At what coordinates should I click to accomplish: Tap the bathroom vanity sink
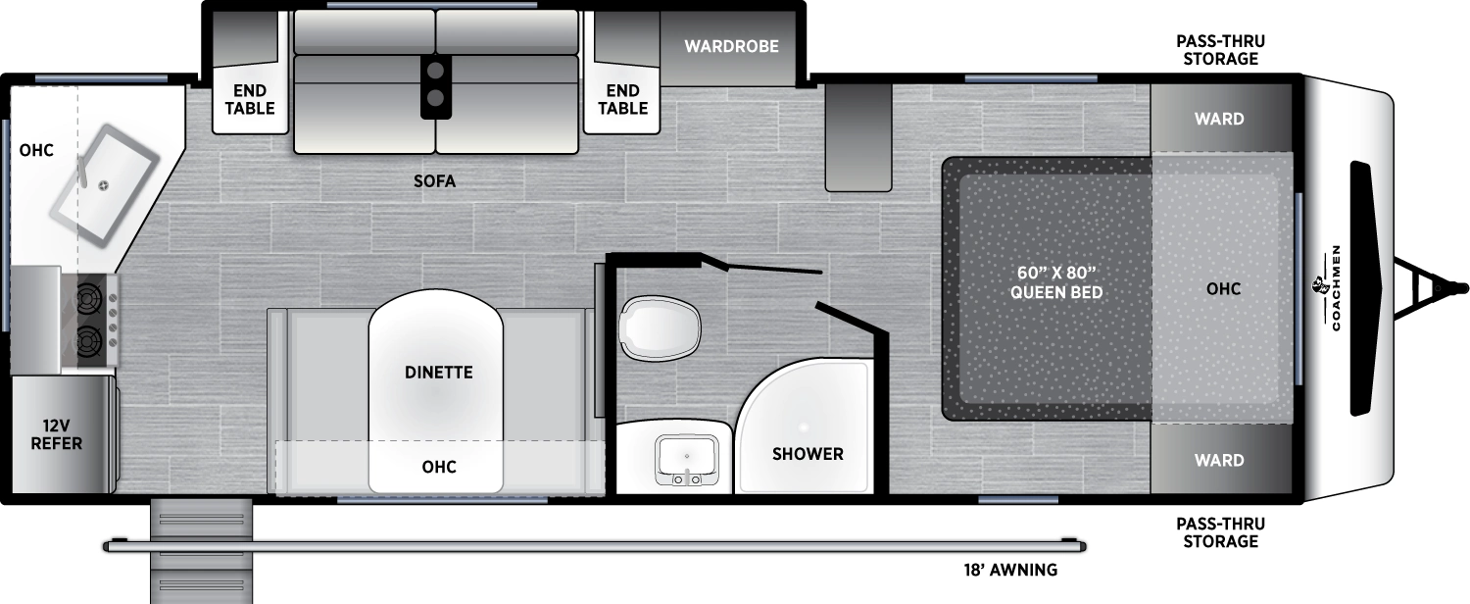pos(686,460)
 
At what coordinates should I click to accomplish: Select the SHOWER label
pos(808,454)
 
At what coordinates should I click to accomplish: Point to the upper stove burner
pos(89,296)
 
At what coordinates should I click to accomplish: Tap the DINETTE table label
pos(438,373)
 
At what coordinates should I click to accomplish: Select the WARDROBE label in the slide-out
pos(731,46)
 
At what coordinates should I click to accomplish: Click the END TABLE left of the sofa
pos(250,100)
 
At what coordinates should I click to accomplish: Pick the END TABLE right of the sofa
pos(622,100)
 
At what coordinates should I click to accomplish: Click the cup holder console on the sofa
pos(436,84)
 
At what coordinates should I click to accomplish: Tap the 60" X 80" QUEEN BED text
pos(1057,281)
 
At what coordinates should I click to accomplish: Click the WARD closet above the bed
pos(1219,119)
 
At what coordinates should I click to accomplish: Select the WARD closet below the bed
pos(1219,460)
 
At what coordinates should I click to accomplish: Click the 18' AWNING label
pos(1008,570)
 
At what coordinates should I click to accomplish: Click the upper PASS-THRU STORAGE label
pos(1219,50)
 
